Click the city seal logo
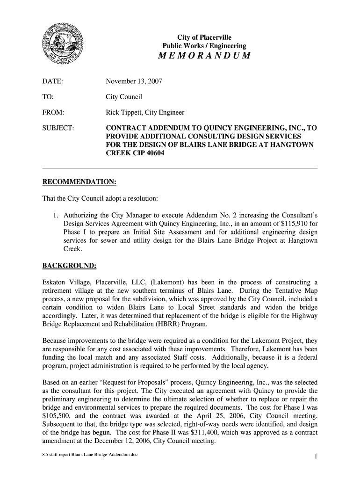[x=60, y=46]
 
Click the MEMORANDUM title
[x=204, y=57]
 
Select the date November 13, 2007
[x=134, y=81]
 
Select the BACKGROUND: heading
[x=69, y=266]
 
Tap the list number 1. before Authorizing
[x=56, y=215]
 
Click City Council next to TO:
[x=124, y=97]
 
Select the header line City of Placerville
[x=203, y=37]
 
